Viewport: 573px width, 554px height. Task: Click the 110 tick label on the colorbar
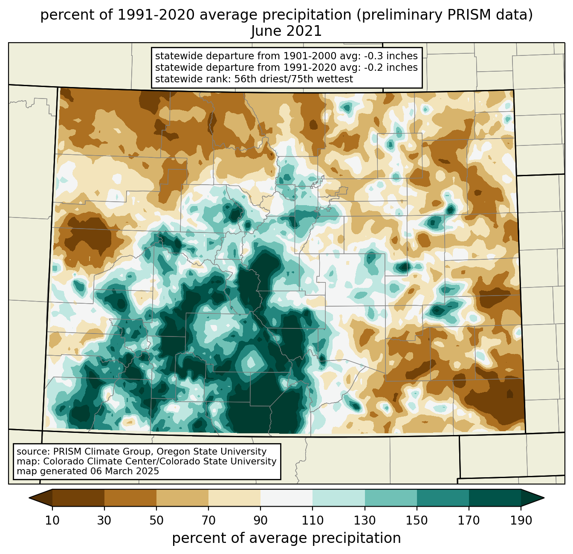[313, 521]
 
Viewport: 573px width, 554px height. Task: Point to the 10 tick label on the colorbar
[52, 521]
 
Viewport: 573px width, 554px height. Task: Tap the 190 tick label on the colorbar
[521, 521]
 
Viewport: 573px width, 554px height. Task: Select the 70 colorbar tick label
[208, 521]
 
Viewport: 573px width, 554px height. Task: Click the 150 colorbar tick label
[417, 521]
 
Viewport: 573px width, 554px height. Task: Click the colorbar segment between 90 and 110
[286, 498]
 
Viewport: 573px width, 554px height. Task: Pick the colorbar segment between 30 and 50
[130, 498]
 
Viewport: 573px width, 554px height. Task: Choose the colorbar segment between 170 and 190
[495, 498]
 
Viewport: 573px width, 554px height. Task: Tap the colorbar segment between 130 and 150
[391, 498]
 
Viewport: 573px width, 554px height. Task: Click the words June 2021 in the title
[286, 31]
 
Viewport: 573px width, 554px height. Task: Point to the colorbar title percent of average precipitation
[286, 538]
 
